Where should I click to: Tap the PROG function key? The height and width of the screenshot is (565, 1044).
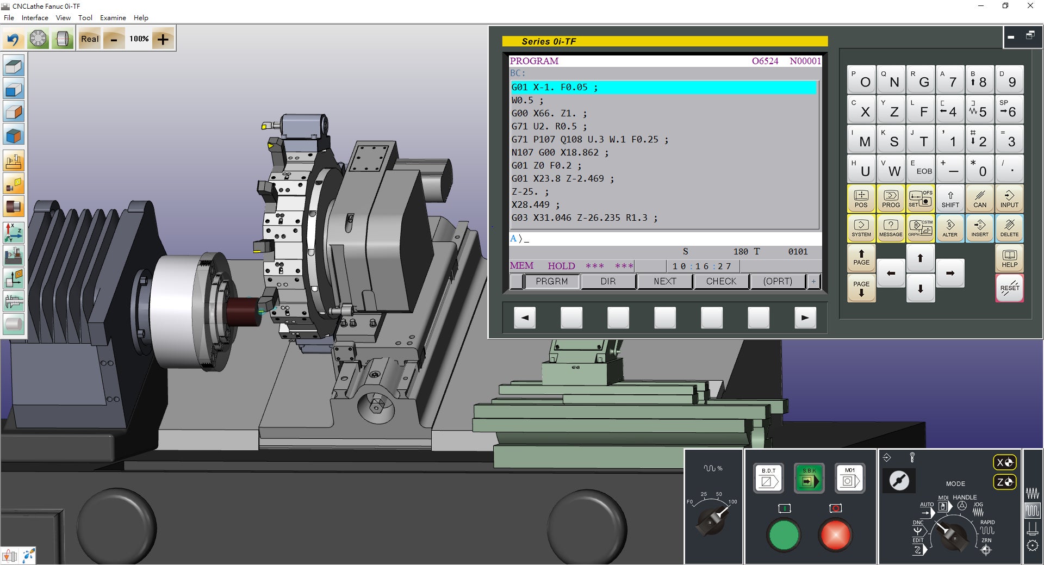point(891,198)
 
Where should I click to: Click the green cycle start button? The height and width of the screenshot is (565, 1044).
point(784,535)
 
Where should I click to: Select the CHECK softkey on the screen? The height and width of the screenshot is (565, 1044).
point(721,281)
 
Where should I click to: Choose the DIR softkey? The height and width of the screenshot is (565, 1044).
point(608,281)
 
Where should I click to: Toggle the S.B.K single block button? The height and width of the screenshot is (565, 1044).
point(809,478)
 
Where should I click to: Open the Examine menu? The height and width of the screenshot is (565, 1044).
point(113,17)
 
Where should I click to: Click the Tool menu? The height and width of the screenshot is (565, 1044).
point(85,17)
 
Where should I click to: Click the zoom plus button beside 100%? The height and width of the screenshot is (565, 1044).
point(163,39)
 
